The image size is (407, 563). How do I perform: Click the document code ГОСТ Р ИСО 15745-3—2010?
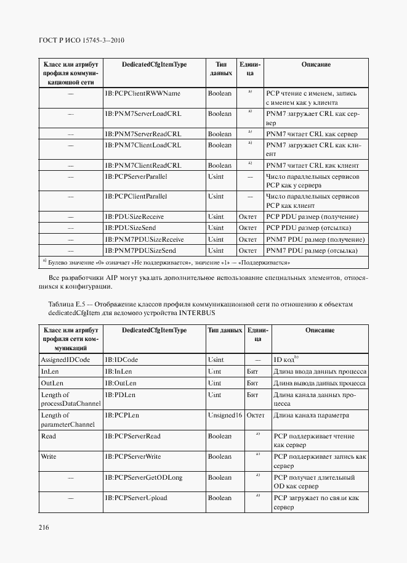point(82,41)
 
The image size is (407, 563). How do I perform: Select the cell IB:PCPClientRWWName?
point(142,93)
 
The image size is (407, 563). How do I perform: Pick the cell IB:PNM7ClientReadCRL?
point(143,166)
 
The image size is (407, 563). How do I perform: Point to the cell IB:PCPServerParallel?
point(138,176)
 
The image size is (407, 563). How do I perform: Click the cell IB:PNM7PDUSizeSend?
point(140,251)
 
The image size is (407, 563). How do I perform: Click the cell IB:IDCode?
point(121,360)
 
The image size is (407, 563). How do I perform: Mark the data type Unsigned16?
point(225,416)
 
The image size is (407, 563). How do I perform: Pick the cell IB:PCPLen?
point(120,416)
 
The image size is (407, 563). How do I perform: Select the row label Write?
point(48,457)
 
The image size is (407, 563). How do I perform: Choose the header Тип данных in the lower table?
point(225,331)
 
